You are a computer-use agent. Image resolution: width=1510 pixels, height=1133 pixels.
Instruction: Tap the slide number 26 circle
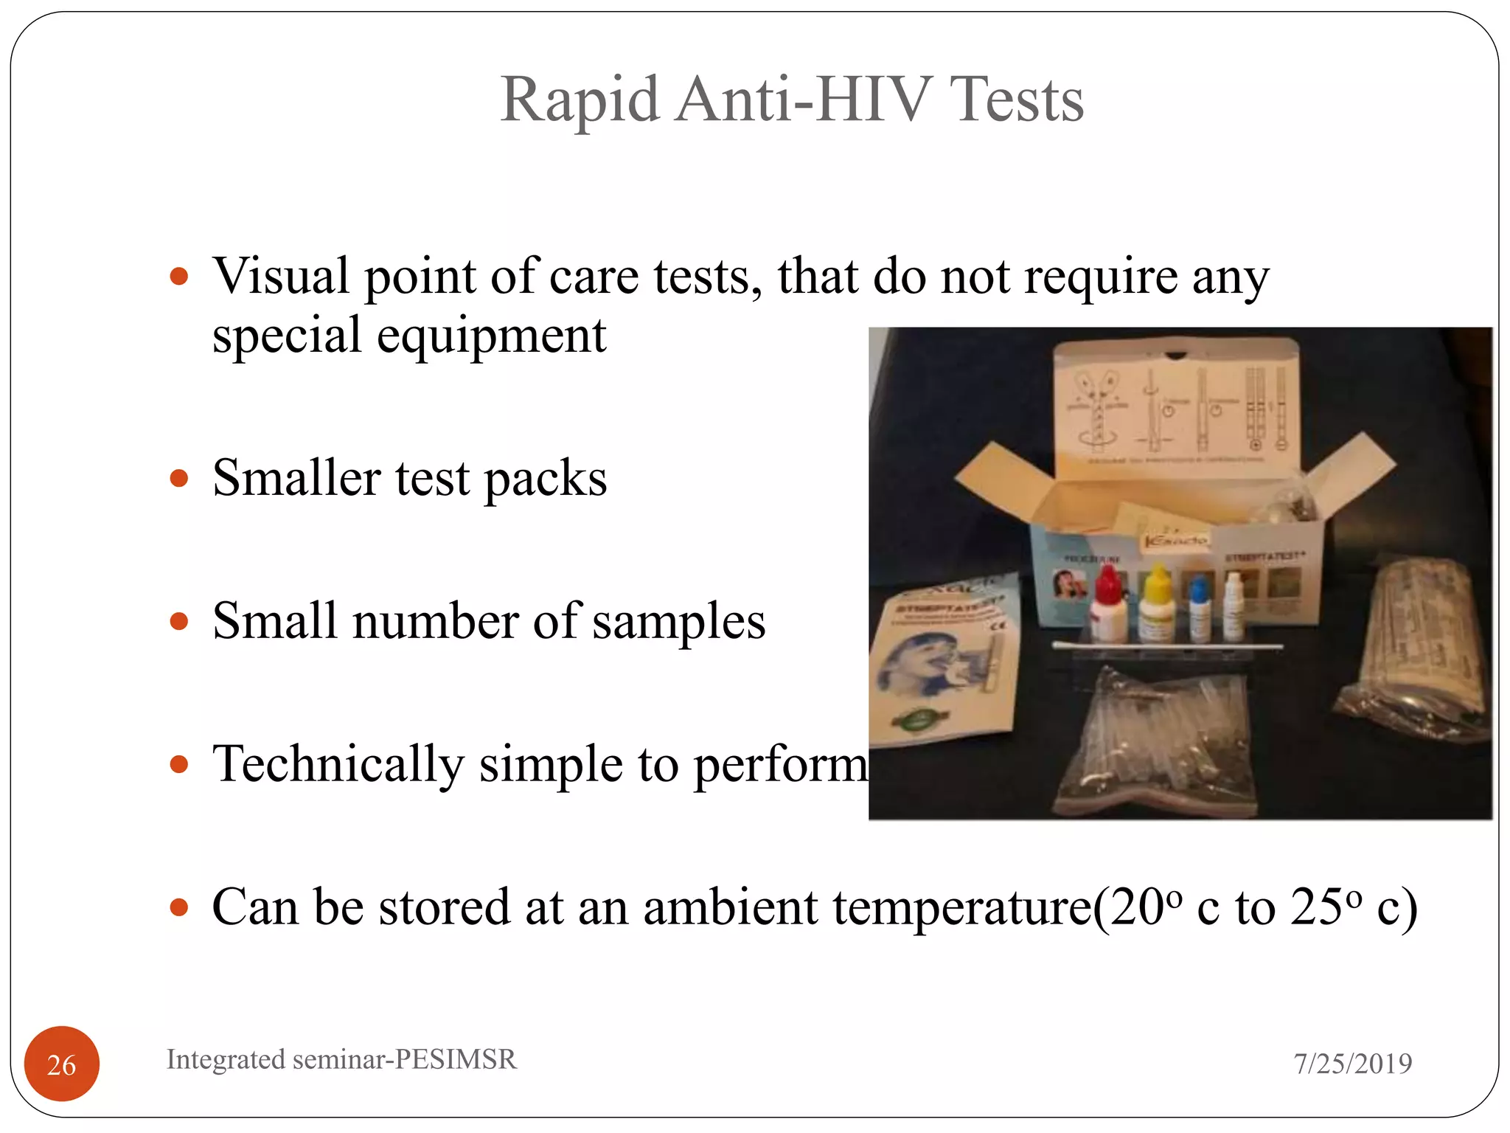(62, 1064)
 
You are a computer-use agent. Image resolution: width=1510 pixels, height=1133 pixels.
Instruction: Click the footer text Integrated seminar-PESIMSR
(341, 1059)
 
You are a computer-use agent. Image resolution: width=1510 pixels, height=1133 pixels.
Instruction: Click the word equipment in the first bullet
(491, 336)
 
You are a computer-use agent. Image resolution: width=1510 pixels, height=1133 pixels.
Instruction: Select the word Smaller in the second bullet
(296, 478)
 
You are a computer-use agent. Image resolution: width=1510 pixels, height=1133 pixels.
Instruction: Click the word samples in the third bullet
(679, 621)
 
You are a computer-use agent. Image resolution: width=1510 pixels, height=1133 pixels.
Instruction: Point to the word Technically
(338, 764)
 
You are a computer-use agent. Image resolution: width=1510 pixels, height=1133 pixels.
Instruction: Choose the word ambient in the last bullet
(730, 907)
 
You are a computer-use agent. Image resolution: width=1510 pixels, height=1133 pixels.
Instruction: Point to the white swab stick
(1165, 647)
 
